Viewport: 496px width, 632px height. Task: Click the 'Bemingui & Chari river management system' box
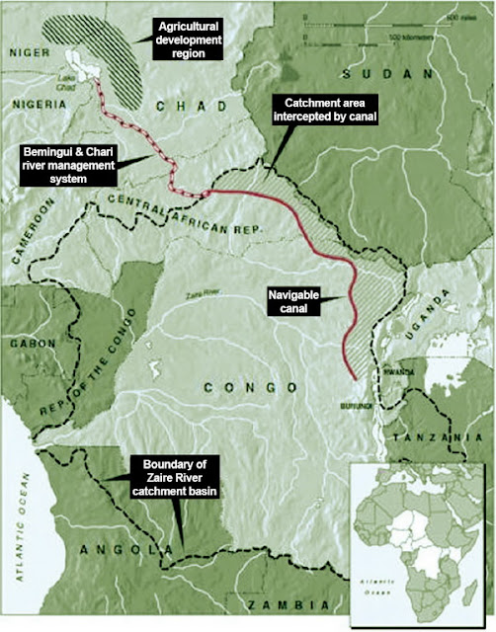71,167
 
